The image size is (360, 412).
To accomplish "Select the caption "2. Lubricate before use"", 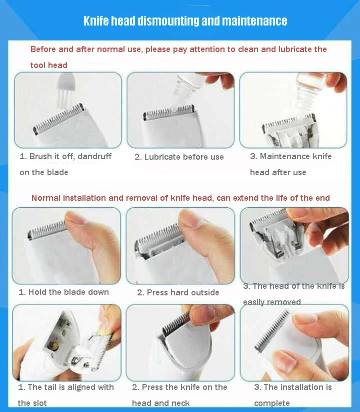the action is coord(179,157).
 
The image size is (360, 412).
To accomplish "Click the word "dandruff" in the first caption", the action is coord(94,156).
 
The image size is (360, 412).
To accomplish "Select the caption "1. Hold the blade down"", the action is coord(64,292).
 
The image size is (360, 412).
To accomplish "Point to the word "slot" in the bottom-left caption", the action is coord(39,403).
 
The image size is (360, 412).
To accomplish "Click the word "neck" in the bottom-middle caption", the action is coord(181,403).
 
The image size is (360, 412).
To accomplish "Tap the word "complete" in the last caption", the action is coord(272,403).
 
